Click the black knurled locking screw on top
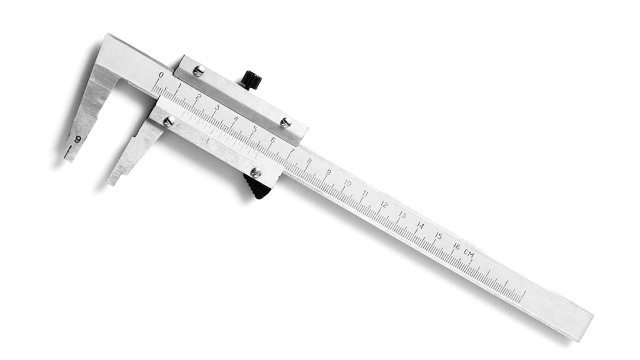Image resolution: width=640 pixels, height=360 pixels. tap(251, 79)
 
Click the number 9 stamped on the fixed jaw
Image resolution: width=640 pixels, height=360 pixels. tap(78, 139)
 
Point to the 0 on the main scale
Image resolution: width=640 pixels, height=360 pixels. tap(161, 75)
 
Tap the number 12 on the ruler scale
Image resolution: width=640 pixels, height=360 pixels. tap(384, 205)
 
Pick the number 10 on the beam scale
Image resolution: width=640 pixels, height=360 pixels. tap(347, 184)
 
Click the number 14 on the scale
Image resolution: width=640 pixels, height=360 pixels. tap(420, 226)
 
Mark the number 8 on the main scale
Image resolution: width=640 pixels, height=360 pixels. tap(309, 161)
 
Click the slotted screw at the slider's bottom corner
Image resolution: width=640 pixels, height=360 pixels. tap(256, 172)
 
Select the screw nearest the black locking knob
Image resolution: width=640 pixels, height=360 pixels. tap(198, 71)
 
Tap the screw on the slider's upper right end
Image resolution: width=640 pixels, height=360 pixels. tap(285, 122)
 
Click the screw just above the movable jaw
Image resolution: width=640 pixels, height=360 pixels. tap(168, 122)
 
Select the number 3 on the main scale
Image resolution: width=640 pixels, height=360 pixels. tap(217, 107)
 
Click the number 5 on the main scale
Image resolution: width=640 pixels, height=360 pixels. tap(254, 129)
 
